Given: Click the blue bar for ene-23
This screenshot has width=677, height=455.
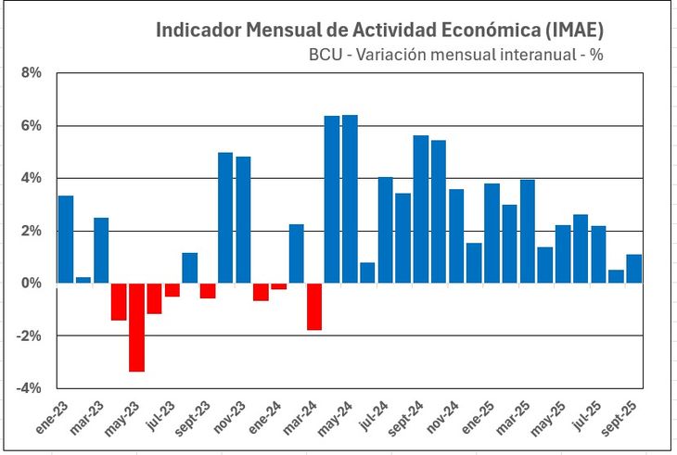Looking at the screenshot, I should [x=65, y=239].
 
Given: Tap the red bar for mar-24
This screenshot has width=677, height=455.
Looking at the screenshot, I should [x=314, y=306].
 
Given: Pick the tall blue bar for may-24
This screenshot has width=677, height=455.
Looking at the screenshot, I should [x=350, y=198].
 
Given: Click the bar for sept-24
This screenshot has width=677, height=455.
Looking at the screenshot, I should [x=420, y=209].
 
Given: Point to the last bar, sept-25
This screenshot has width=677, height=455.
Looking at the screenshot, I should [x=633, y=268].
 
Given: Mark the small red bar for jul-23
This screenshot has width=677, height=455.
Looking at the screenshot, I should [x=172, y=289].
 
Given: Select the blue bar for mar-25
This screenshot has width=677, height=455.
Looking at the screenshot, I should [x=527, y=231].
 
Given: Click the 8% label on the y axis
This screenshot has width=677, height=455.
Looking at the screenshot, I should [x=31, y=73].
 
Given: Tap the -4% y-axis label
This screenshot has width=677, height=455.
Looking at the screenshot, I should [x=28, y=387].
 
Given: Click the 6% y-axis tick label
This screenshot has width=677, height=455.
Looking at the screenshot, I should [x=31, y=126].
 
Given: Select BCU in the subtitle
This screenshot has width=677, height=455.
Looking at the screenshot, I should [x=325, y=55].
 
